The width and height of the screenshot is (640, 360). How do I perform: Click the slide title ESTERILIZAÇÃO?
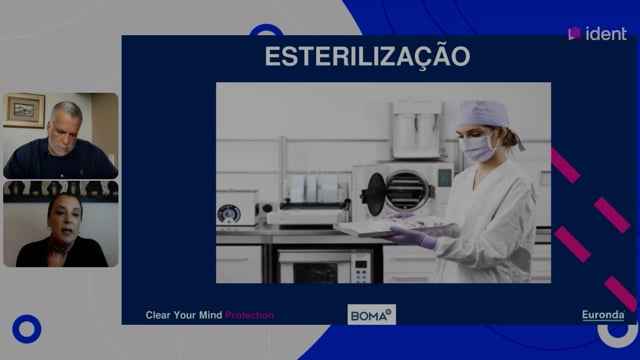(x=367, y=57)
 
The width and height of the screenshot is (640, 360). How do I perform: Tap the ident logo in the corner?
(x=597, y=34)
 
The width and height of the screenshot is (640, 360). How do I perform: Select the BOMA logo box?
(x=371, y=315)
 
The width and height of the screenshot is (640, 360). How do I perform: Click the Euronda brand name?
(x=603, y=315)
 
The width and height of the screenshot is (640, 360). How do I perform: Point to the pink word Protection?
(x=249, y=315)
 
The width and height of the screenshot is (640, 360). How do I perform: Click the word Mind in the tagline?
(x=211, y=315)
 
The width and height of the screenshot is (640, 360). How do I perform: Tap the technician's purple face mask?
(x=477, y=148)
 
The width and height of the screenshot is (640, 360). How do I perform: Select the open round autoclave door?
(x=376, y=194)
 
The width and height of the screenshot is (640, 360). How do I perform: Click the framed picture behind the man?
(x=24, y=110)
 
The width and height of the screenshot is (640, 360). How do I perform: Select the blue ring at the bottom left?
(x=27, y=329)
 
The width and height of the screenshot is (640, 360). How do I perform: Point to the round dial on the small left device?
(x=229, y=214)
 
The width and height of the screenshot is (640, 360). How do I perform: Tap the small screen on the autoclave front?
(x=444, y=178)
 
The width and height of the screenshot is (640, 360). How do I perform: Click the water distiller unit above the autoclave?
(x=417, y=130)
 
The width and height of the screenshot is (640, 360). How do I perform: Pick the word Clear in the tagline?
(x=158, y=315)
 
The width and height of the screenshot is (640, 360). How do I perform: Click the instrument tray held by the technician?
(x=392, y=227)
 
